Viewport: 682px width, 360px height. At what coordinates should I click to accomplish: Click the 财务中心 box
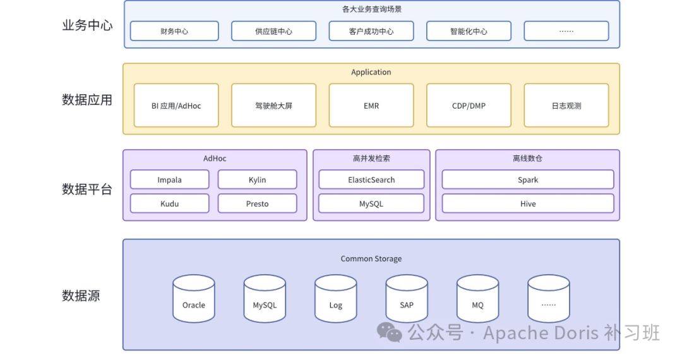tap(174, 32)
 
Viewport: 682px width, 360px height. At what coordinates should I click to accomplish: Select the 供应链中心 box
tap(273, 32)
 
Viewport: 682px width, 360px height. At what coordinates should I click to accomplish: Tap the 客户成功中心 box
tap(371, 32)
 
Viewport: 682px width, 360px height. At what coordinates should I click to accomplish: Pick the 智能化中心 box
tap(469, 32)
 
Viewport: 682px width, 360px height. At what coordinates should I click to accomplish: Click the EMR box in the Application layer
tap(371, 105)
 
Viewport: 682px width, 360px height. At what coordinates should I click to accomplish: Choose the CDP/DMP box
tap(469, 105)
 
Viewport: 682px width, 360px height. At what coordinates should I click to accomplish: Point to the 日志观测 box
tap(566, 105)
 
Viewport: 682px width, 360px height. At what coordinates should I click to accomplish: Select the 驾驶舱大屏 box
tap(273, 105)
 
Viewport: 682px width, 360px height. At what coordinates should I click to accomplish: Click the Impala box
tap(170, 179)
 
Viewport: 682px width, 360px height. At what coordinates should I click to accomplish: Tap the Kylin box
tap(258, 179)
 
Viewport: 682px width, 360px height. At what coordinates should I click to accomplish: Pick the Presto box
tap(258, 203)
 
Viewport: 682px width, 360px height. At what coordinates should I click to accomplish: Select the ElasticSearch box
tap(371, 179)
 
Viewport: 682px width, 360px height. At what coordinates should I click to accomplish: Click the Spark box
tap(528, 179)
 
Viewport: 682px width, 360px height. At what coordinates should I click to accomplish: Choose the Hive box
tap(528, 203)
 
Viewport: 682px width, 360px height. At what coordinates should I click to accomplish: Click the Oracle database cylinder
tap(194, 299)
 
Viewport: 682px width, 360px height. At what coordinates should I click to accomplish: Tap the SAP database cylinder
tap(407, 299)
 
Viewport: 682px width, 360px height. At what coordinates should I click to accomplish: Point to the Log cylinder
tap(336, 299)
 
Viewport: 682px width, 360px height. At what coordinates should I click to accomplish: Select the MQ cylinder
tap(477, 299)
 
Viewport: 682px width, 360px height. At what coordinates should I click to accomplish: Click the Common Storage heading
tap(371, 259)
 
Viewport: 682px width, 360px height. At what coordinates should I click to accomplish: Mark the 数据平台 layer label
tap(87, 189)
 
